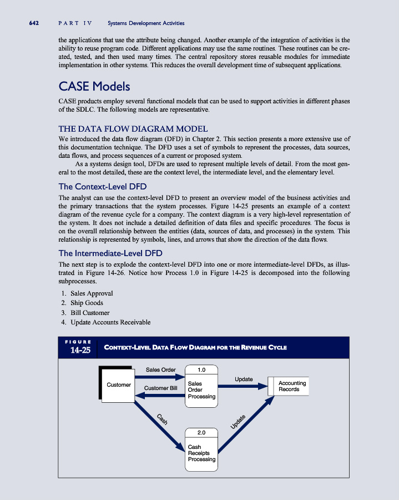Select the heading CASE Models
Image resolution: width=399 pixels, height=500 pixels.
click(94, 87)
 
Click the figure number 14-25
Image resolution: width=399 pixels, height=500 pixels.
click(80, 351)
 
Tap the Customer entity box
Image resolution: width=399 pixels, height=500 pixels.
click(118, 384)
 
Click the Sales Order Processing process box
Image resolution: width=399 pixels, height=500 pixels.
click(201, 389)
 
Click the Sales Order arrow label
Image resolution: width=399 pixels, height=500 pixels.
click(160, 369)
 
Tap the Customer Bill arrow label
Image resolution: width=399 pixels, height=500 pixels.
click(160, 387)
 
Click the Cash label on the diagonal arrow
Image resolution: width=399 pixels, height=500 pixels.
click(161, 420)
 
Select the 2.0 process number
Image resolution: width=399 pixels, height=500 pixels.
click(201, 432)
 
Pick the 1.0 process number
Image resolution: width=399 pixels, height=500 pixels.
click(201, 369)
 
